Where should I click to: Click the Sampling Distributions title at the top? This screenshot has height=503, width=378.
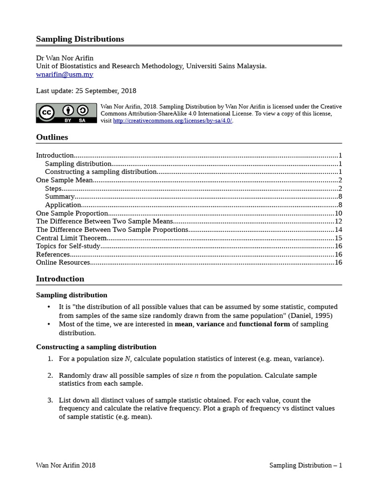click(x=80, y=39)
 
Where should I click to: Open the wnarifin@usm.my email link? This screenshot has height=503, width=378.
click(x=64, y=75)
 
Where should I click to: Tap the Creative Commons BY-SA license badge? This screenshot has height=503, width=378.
click(x=66, y=113)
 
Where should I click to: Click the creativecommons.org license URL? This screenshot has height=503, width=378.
click(x=172, y=121)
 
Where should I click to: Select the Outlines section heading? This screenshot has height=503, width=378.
click(x=52, y=137)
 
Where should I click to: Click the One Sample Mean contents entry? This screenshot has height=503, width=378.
click(x=64, y=180)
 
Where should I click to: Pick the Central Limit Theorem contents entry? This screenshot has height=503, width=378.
click(x=71, y=238)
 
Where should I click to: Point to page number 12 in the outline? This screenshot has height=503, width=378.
click(x=338, y=222)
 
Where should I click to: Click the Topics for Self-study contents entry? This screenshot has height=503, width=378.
click(x=68, y=246)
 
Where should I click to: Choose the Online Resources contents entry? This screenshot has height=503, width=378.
click(x=63, y=262)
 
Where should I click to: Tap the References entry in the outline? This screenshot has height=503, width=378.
click(x=53, y=254)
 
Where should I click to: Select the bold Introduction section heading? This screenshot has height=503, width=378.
click(x=60, y=279)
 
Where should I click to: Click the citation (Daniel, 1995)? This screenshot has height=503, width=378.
click(x=310, y=315)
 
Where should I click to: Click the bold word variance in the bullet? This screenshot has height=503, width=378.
click(x=210, y=324)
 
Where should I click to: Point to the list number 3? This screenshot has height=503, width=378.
click(x=50, y=400)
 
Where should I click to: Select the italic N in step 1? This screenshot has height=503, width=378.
click(x=127, y=359)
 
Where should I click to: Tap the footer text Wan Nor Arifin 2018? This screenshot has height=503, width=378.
click(x=65, y=465)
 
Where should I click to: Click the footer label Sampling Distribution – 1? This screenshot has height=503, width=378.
click(x=305, y=465)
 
